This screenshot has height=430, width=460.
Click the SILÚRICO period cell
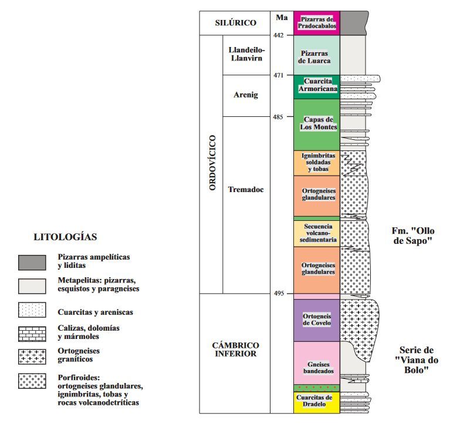click(x=235, y=23)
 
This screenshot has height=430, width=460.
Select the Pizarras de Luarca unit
click(x=316, y=56)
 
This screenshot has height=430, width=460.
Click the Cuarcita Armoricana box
click(x=316, y=86)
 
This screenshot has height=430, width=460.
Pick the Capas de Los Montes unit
click(x=316, y=124)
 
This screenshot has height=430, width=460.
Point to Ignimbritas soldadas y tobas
click(x=316, y=163)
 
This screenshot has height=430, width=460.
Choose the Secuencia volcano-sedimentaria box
click(x=316, y=233)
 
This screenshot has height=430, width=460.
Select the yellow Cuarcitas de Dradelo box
click(x=316, y=402)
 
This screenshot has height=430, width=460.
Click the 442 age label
click(x=279, y=35)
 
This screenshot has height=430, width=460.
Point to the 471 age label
click(x=279, y=75)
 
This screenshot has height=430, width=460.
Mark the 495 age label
click(x=279, y=293)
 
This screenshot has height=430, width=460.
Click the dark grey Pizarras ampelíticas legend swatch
click(x=32, y=262)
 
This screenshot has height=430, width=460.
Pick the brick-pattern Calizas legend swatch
click(x=32, y=333)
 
